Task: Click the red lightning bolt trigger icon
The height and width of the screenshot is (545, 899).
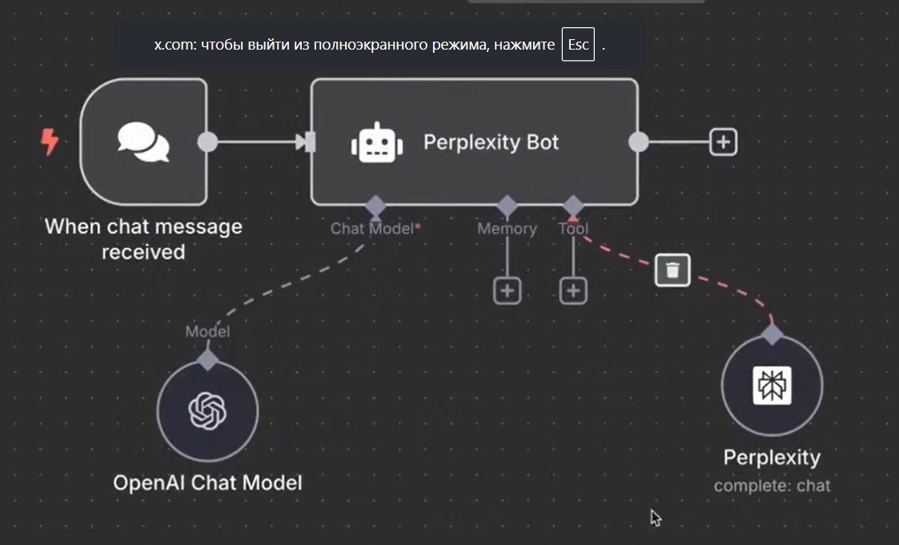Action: point(50,142)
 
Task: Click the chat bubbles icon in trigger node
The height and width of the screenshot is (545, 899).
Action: point(143,142)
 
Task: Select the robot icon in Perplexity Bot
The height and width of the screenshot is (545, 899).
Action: point(376,142)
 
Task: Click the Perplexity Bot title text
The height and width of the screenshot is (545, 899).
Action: point(491,142)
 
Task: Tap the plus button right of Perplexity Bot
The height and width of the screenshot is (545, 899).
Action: point(723,142)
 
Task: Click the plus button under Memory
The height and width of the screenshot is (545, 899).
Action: point(506,291)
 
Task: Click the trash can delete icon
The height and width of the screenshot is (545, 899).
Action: point(672,270)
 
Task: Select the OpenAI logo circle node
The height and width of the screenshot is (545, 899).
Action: point(207,411)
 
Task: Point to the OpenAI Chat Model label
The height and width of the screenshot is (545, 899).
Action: point(207,483)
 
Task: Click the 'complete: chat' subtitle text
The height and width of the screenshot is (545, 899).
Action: point(772,485)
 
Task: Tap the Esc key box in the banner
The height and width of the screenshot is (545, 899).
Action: point(578,45)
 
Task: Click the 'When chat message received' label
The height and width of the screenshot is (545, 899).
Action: point(143,238)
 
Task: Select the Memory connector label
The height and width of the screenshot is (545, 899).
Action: point(507,229)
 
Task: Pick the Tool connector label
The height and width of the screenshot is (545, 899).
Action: point(573,229)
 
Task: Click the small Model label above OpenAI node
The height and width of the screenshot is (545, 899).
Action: point(207,331)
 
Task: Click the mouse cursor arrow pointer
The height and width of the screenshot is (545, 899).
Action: point(655,517)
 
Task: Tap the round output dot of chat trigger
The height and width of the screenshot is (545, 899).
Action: point(207,142)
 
